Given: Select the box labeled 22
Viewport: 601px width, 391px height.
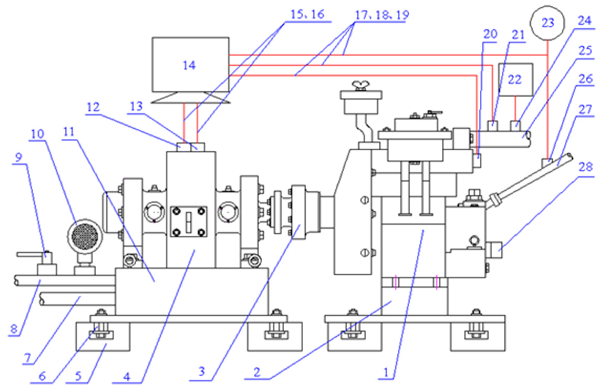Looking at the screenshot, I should pos(515,79).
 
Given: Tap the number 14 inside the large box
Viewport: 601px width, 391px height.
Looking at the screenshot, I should pos(189,65).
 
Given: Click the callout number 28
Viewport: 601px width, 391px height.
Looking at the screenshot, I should pos(586,167).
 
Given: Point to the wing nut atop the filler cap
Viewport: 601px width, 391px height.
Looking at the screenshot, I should pos(361,86).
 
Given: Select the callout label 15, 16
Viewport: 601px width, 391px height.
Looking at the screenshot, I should pos(307,14).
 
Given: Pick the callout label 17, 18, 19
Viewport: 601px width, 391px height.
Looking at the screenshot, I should pos(382,15).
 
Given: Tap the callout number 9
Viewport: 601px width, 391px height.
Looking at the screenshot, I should pos(18,157).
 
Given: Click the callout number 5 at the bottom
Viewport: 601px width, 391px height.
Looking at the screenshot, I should pos(78,376).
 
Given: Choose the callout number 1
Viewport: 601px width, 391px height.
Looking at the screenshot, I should pos(386,372).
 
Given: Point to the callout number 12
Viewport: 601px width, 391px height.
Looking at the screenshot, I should pos(93,107).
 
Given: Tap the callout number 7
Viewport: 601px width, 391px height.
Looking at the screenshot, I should pos(28,358).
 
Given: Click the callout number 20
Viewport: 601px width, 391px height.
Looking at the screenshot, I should pos(490,34).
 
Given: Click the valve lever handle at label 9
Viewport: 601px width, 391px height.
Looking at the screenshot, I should pos(29,254).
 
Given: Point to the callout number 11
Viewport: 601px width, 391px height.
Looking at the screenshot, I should pos(69,132).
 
